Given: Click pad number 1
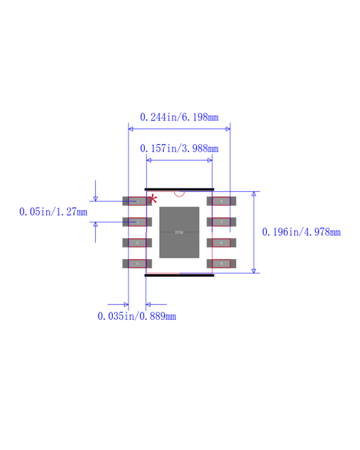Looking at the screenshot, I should (x=137, y=201).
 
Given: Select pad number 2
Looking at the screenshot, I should (x=137, y=222).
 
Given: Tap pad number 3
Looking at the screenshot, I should (x=137, y=243).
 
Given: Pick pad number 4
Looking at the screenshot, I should (x=137, y=264).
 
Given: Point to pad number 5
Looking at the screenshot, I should (x=221, y=264).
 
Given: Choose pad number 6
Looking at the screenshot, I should (x=221, y=243).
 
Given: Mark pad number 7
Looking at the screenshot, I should (x=221, y=222).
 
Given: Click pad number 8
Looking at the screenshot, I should (x=221, y=201).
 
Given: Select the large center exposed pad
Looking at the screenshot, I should (x=179, y=232).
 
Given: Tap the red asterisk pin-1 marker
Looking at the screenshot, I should (x=153, y=199).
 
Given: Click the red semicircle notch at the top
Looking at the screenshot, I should (x=179, y=194).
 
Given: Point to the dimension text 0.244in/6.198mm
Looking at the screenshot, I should (x=179, y=117).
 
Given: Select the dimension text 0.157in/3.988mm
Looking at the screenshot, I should (x=179, y=149).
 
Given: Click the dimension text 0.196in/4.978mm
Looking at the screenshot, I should (x=301, y=232).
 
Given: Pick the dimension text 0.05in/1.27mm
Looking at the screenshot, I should (x=53, y=212).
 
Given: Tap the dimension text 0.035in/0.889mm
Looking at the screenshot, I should (x=137, y=316).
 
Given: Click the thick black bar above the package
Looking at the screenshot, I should (x=179, y=189).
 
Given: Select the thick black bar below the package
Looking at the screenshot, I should (x=179, y=275).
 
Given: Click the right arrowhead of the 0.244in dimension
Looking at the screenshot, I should (x=228, y=129).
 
